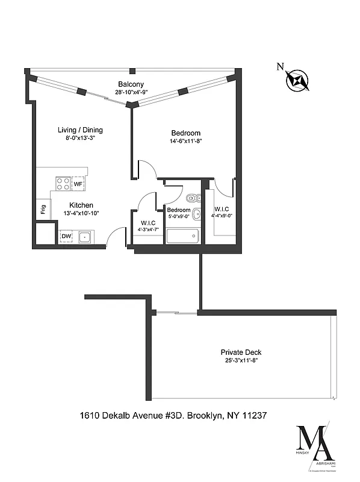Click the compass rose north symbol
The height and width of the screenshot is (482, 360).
pos(299,80)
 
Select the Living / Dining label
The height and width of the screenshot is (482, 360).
pos(80,130)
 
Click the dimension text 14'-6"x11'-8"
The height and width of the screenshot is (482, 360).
pos(185,142)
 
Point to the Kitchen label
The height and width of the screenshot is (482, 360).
pos(81,205)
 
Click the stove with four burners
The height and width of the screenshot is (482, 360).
pos(63,183)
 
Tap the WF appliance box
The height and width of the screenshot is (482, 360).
pos(78,184)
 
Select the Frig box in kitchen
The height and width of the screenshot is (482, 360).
pos(43,210)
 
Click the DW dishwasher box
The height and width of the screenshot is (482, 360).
pos(66,237)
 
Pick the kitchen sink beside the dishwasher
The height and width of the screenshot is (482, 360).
pos(84,237)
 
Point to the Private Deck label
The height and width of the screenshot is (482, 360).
pos(241,352)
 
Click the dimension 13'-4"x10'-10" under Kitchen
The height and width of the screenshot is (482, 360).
pos(81,213)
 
